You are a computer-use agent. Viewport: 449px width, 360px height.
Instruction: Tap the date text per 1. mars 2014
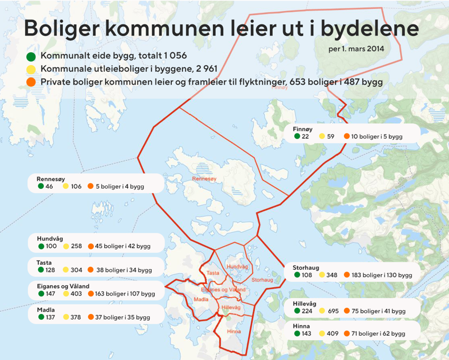[356, 49]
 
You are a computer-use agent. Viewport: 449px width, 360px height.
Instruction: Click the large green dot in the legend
[31, 57]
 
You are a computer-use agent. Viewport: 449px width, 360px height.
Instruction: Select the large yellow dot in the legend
[31, 70]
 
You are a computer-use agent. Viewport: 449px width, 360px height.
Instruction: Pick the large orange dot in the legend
[31, 82]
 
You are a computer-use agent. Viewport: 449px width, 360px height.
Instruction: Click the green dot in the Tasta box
[41, 270]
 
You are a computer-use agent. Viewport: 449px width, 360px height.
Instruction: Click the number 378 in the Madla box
[76, 317]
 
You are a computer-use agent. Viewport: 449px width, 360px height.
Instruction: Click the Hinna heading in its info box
[302, 325]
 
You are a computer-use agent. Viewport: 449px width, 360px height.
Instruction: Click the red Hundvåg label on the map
[236, 267]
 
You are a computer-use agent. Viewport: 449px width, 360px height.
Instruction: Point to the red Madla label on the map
[200, 299]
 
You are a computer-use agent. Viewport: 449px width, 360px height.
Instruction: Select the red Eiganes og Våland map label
[223, 289]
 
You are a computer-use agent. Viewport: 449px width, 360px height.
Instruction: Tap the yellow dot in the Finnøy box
[322, 136]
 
